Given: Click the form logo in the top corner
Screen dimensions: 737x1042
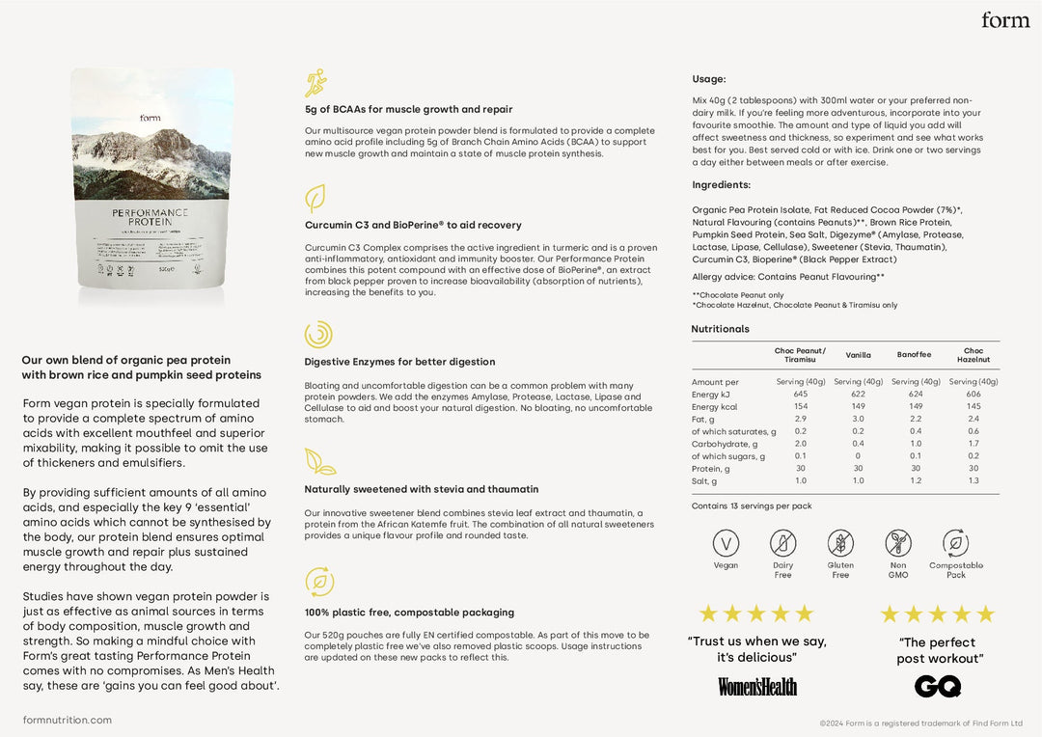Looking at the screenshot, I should tap(1004, 20).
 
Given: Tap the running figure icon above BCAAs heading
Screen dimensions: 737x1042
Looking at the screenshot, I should tap(315, 83).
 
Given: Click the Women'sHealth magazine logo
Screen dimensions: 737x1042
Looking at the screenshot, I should tap(757, 686).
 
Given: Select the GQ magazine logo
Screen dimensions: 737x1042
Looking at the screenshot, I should tap(938, 686).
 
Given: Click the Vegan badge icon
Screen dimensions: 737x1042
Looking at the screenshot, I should tap(726, 543).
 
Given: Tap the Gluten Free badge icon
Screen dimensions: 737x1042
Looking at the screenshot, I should tap(840, 543).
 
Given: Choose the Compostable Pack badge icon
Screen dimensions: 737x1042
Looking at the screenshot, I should tap(955, 543).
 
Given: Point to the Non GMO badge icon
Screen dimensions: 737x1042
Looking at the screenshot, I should tap(898, 543).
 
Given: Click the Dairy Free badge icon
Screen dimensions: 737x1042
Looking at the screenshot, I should tap(782, 543).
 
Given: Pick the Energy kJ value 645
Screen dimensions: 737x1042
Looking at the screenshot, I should tap(801, 395).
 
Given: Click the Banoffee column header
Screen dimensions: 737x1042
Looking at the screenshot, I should tap(914, 355).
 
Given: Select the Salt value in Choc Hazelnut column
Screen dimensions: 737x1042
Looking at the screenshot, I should tap(973, 480).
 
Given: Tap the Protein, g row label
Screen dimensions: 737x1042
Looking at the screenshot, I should tap(711, 469).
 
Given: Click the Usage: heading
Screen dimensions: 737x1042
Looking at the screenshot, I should tap(709, 79).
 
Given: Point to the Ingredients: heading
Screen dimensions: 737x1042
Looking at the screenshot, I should tap(721, 185).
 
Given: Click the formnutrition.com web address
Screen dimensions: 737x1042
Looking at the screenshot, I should tap(68, 720).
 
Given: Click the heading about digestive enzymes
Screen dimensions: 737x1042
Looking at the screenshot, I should tap(399, 362).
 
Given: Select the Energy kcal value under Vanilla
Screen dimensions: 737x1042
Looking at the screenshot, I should tap(858, 407).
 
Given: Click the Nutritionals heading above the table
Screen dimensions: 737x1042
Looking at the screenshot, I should tap(720, 329).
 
